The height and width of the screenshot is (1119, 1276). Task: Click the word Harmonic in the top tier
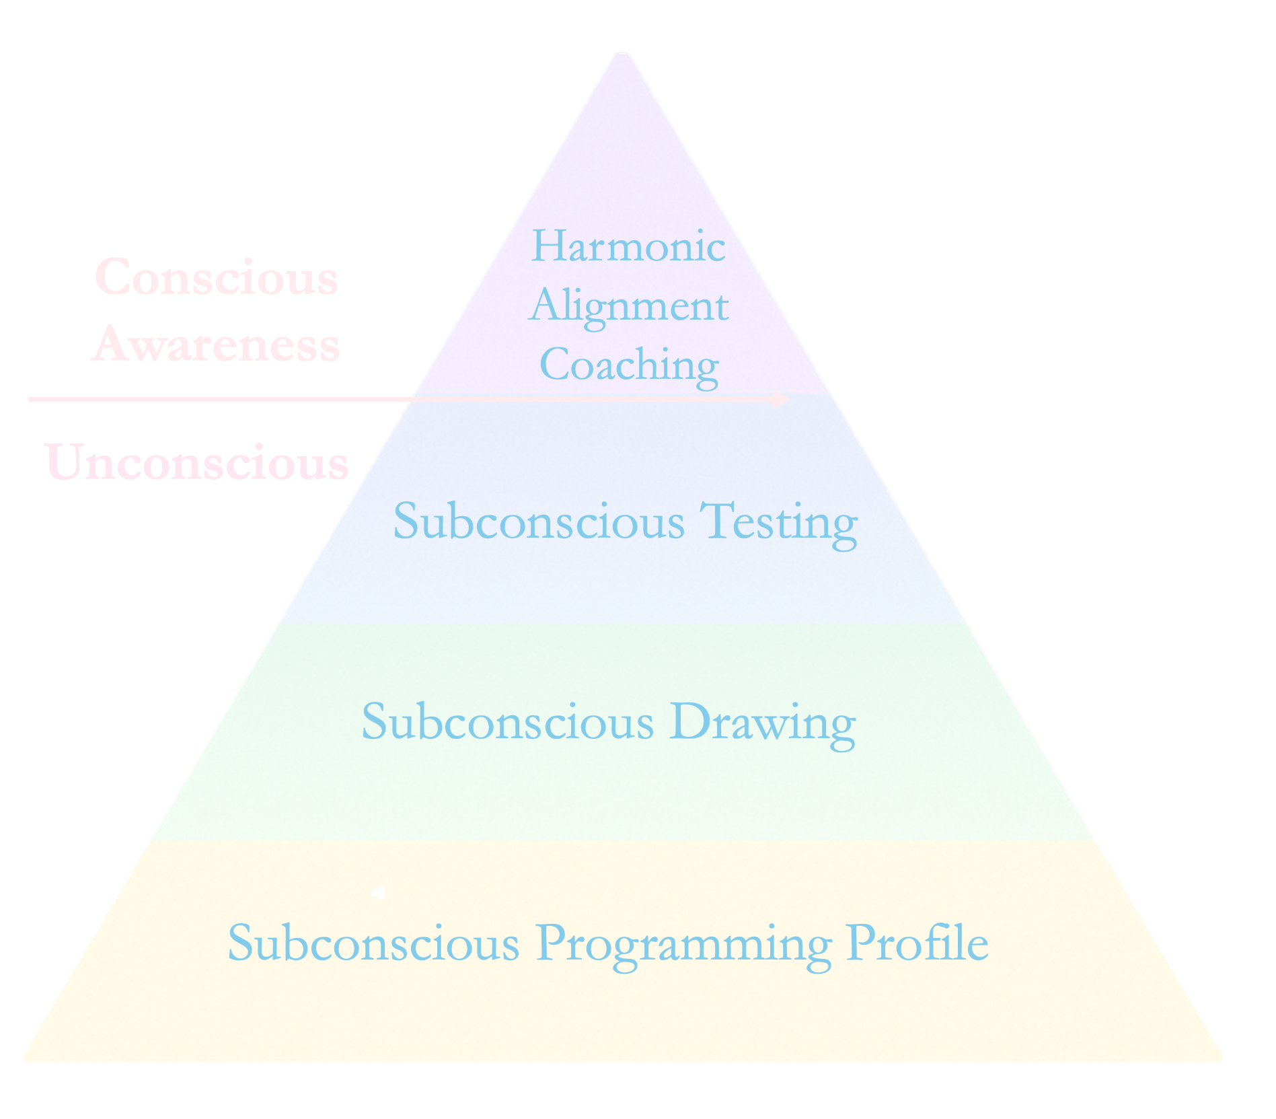pyautogui.click(x=628, y=246)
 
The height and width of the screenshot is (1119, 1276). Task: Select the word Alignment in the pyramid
pyautogui.click(x=629, y=307)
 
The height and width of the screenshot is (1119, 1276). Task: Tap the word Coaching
pyautogui.click(x=629, y=365)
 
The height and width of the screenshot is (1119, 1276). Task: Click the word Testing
pyautogui.click(x=778, y=522)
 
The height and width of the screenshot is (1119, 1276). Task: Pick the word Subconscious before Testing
pyautogui.click(x=539, y=521)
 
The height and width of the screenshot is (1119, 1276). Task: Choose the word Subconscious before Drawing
pyautogui.click(x=508, y=722)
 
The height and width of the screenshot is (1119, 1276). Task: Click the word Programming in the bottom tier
pyautogui.click(x=684, y=944)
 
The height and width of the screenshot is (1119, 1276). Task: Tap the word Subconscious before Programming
pyautogui.click(x=373, y=943)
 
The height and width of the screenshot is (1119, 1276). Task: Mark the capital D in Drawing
pyautogui.click(x=686, y=721)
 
